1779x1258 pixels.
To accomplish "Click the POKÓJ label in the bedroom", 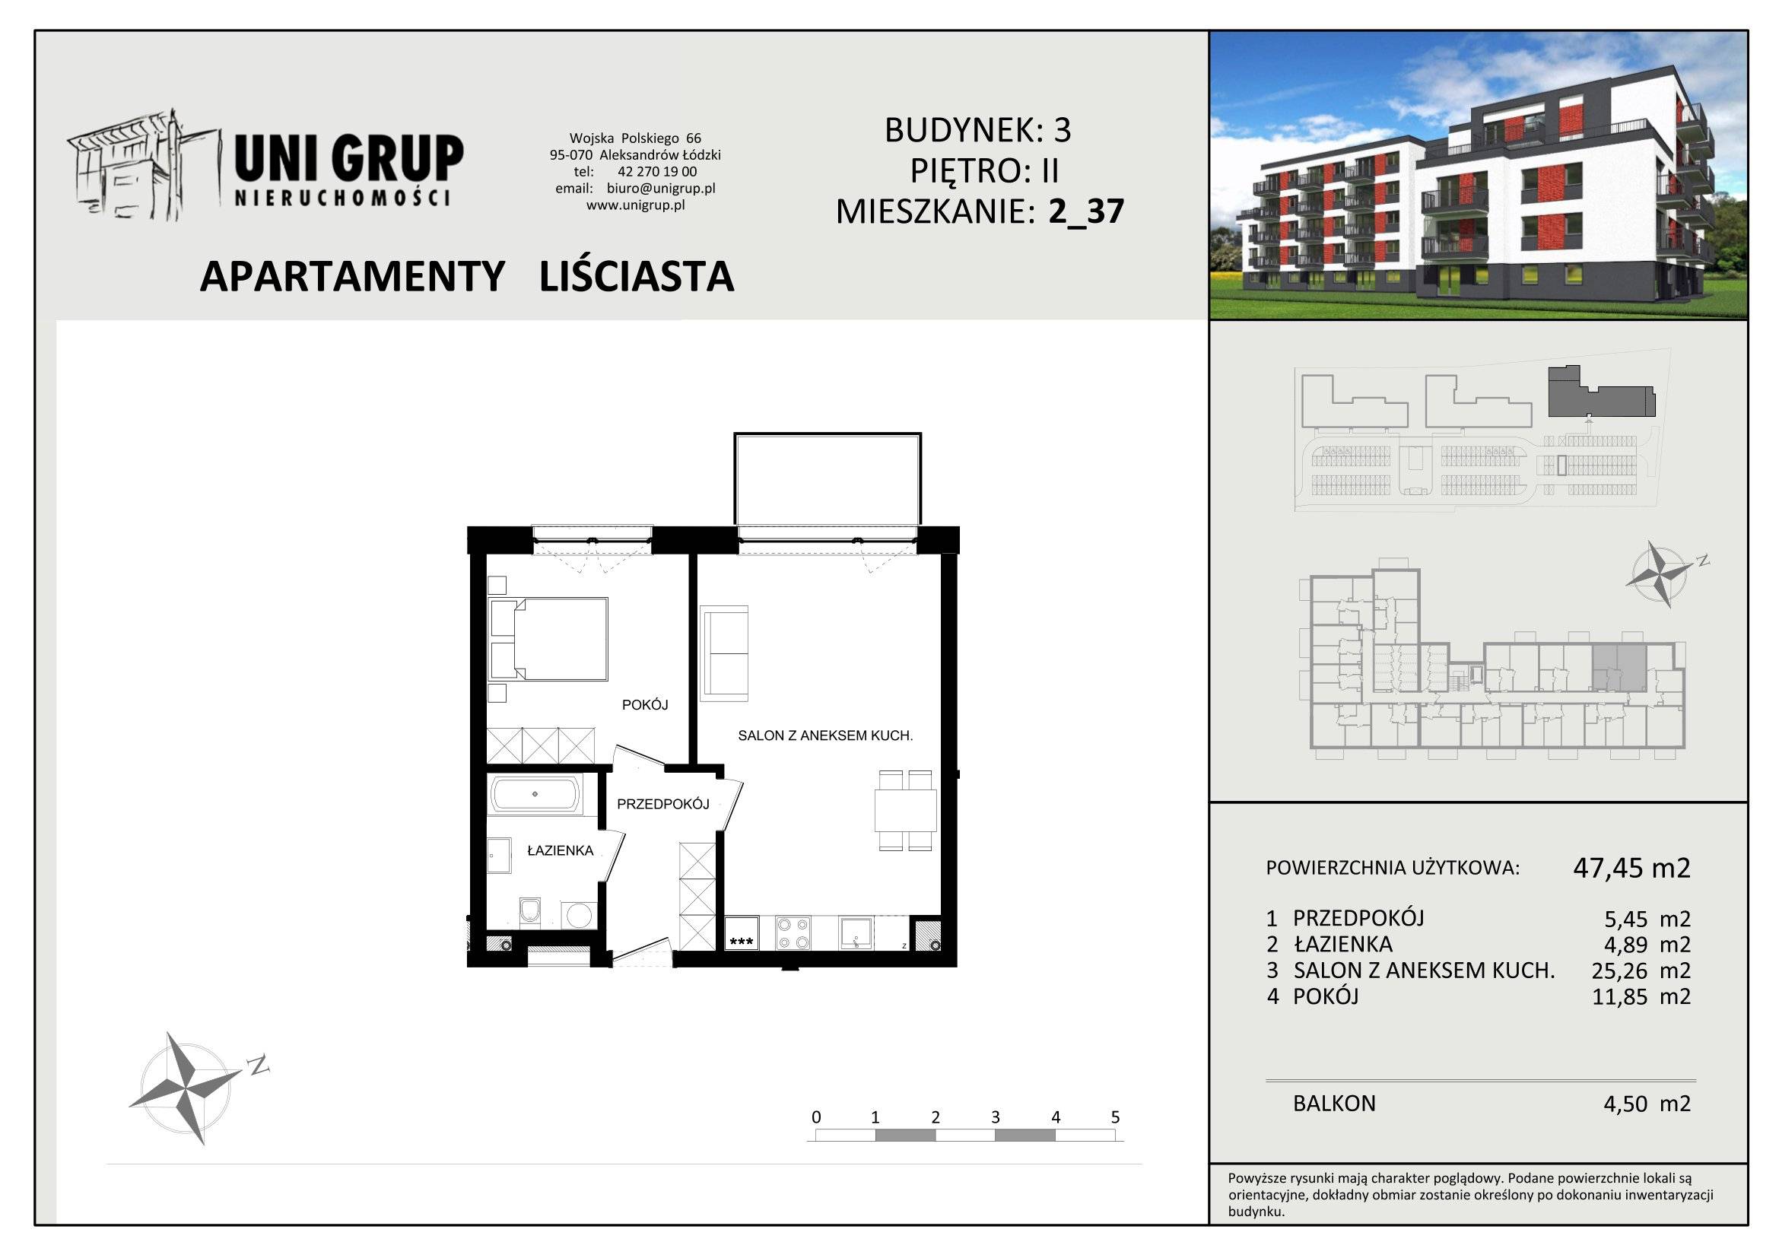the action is [x=645, y=705].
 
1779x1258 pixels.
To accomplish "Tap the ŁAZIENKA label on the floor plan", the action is [x=561, y=850].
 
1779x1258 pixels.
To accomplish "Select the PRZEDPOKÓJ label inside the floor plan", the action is [x=663, y=804].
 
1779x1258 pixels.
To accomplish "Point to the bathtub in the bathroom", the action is [x=535, y=794].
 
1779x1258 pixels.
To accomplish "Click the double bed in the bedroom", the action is [x=548, y=639].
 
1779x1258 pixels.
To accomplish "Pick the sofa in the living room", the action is [x=723, y=653].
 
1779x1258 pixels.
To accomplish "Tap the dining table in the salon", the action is [x=906, y=810].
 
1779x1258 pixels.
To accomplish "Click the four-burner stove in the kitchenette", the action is [x=793, y=932].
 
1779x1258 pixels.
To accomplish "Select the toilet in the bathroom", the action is [x=530, y=911].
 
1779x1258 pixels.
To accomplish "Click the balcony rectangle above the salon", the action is [x=828, y=479].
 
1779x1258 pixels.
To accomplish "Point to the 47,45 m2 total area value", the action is [x=1631, y=868].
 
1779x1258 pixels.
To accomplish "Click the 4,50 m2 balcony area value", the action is [x=1647, y=1103].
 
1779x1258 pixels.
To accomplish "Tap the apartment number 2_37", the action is [x=1085, y=211].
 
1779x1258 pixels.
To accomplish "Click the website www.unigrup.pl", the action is [x=635, y=205].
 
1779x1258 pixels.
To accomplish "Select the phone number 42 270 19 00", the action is [x=657, y=172].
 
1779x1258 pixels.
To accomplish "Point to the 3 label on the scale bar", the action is [x=995, y=1117].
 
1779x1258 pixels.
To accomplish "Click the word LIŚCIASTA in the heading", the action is [x=636, y=277].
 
